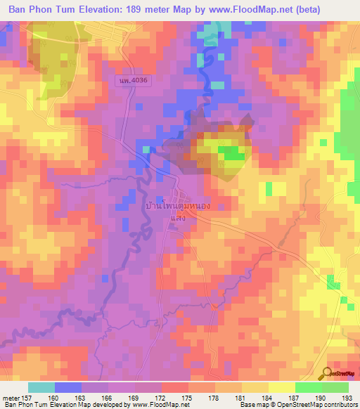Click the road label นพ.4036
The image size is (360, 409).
tap(134, 82)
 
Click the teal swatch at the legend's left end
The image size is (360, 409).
tap(41, 387)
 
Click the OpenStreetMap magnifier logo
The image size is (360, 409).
tap(327, 373)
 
